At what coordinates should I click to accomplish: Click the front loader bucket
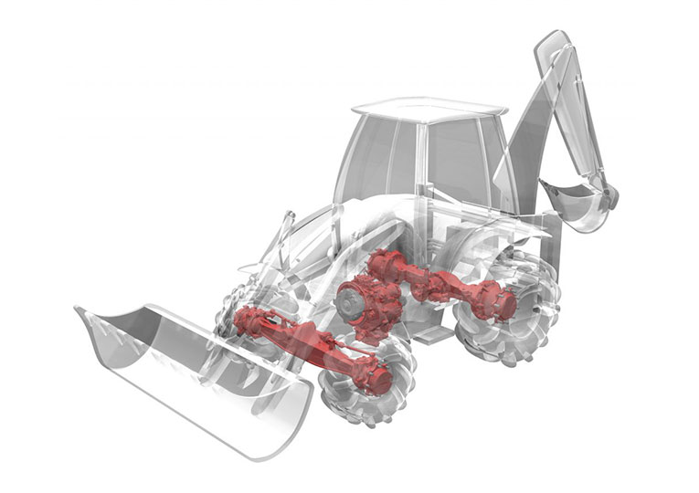click(183, 365)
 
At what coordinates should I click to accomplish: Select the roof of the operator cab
click(429, 110)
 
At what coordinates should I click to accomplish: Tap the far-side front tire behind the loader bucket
click(233, 310)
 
